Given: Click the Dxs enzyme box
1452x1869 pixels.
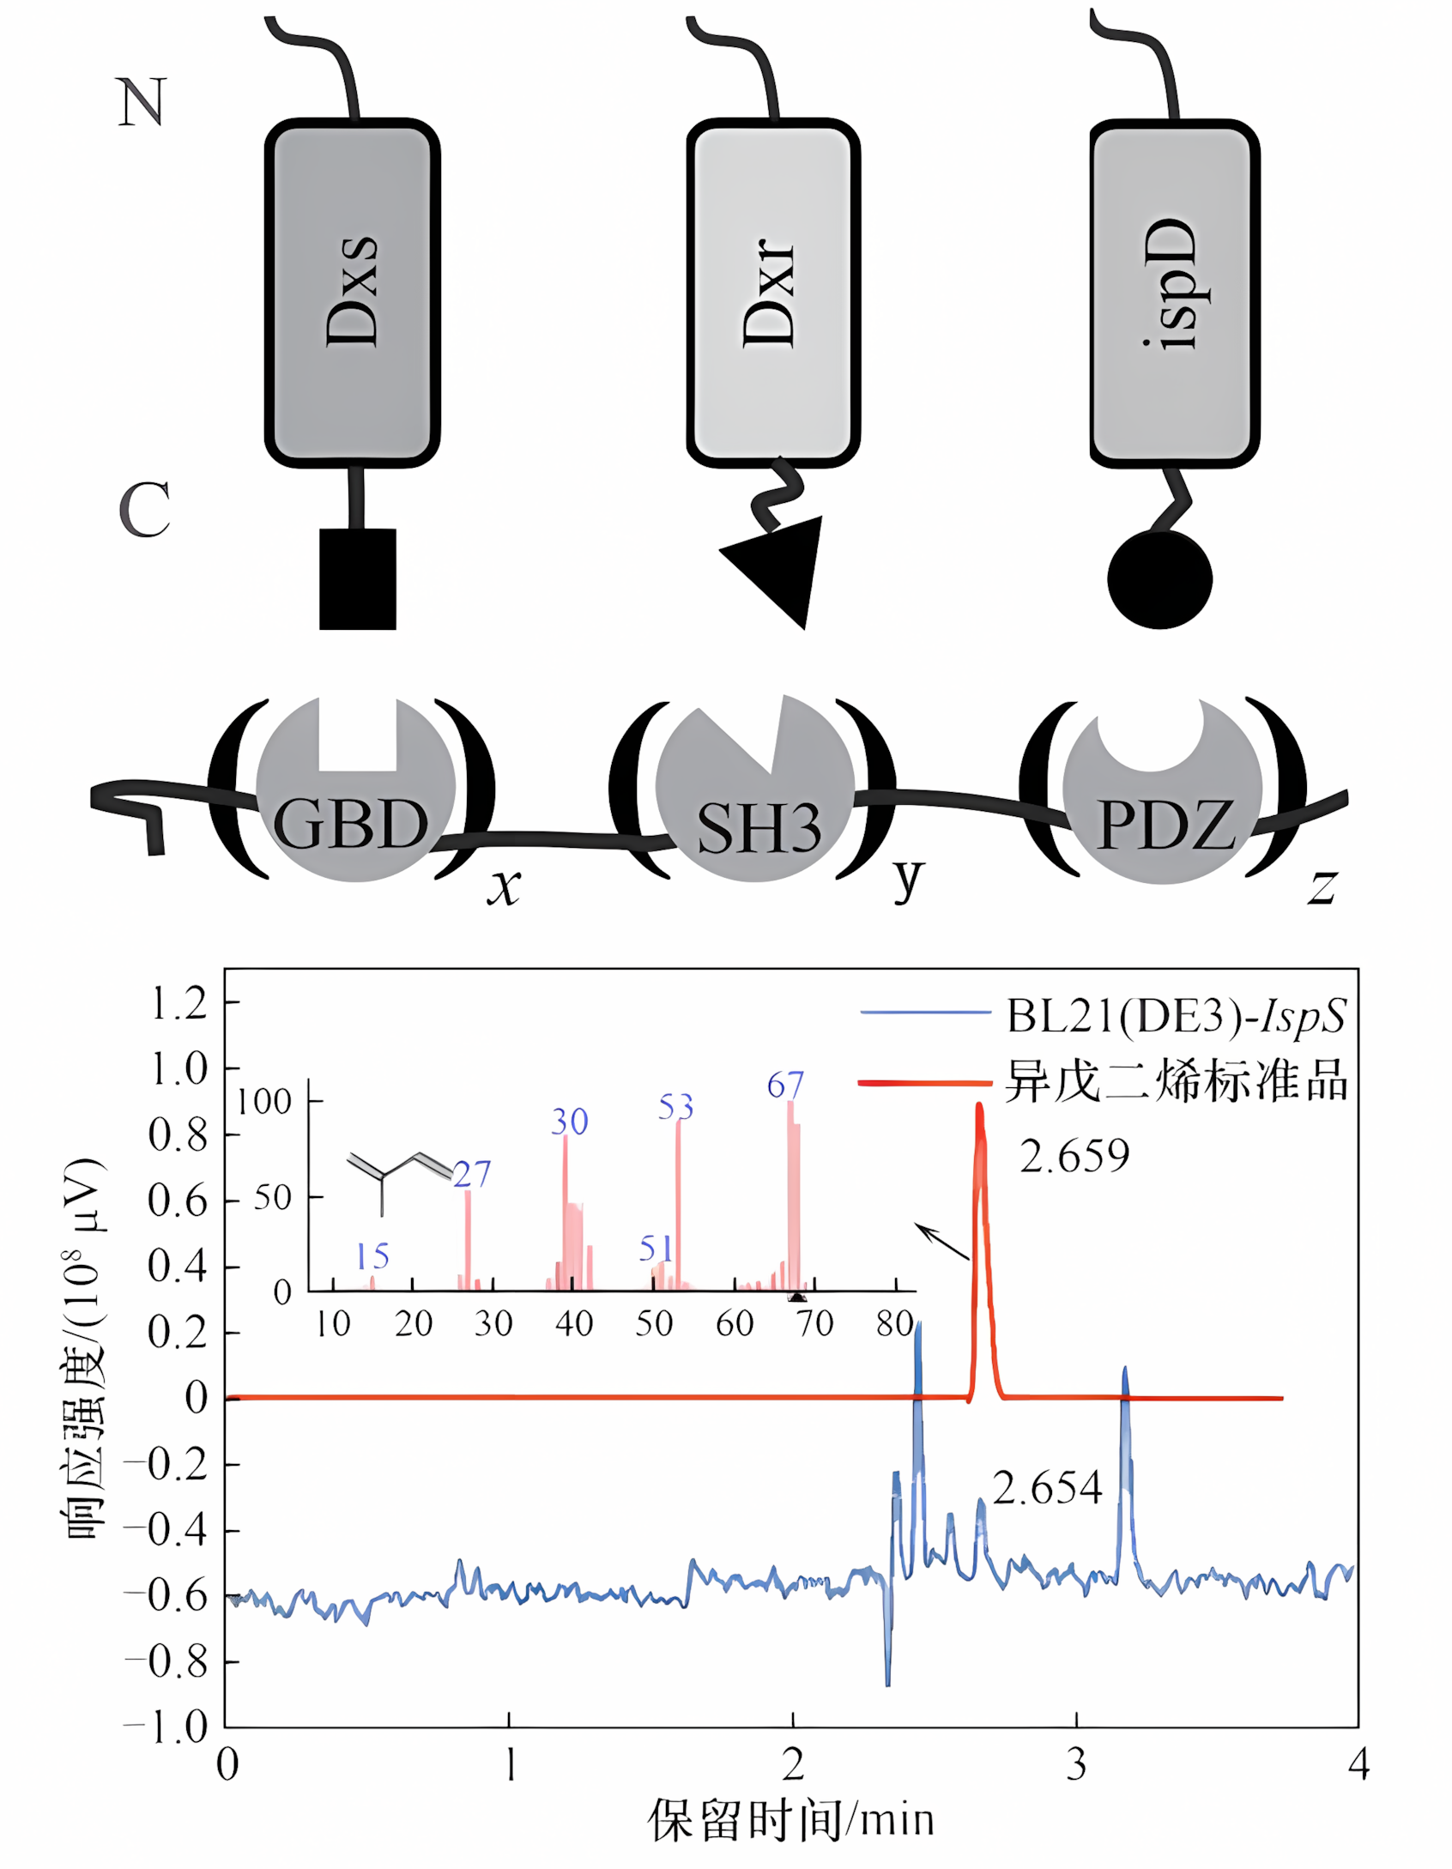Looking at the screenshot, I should pos(352,292).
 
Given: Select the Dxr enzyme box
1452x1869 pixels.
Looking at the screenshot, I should pos(772,292).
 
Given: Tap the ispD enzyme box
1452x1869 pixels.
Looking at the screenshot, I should pos(1174,292).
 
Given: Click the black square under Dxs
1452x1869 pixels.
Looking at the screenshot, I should pos(357,578).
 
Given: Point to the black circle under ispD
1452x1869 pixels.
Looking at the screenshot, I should pos(1159,579).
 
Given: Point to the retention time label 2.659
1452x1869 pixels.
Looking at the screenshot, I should pos(1074,1156).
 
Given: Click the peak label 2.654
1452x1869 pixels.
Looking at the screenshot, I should pos(1047,1487).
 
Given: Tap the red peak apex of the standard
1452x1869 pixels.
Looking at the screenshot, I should pos(979,1107).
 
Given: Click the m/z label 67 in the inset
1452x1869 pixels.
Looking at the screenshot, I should pos(785,1086).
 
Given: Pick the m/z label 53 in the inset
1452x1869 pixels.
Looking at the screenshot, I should pos(675,1107).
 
